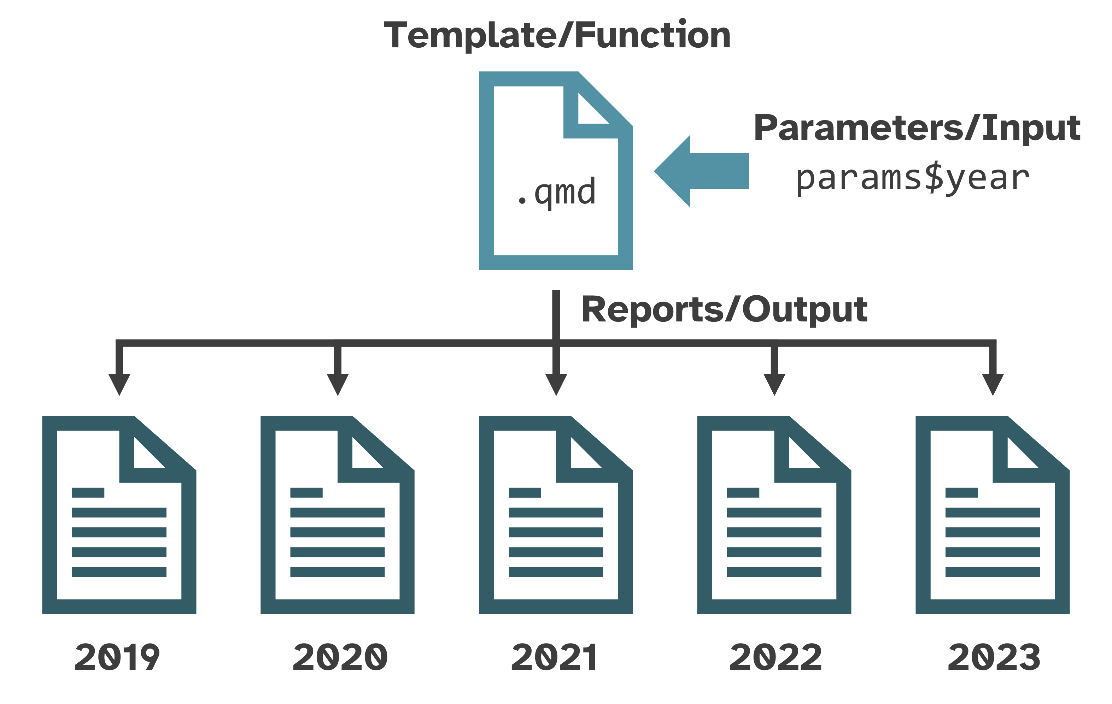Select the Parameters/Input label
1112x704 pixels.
pyautogui.click(x=917, y=128)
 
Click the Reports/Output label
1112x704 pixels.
pyautogui.click(x=724, y=309)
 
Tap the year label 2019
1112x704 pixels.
pyautogui.click(x=117, y=657)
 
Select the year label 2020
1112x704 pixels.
pyautogui.click(x=340, y=657)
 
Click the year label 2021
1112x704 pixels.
pyautogui.click(x=554, y=657)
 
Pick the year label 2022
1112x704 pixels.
pyautogui.click(x=776, y=657)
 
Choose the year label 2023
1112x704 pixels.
pyautogui.click(x=994, y=657)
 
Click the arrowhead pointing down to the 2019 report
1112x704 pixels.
pyautogui.click(x=119, y=384)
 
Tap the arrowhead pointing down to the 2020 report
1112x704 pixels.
pyautogui.click(x=338, y=384)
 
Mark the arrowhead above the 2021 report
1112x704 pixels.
pyautogui.click(x=556, y=384)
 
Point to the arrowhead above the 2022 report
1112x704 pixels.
pyautogui.click(x=774, y=384)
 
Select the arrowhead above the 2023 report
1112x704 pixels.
pyautogui.click(x=993, y=384)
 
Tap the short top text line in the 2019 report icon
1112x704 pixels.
pyautogui.click(x=88, y=492)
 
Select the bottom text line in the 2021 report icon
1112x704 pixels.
pyautogui.click(x=556, y=572)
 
